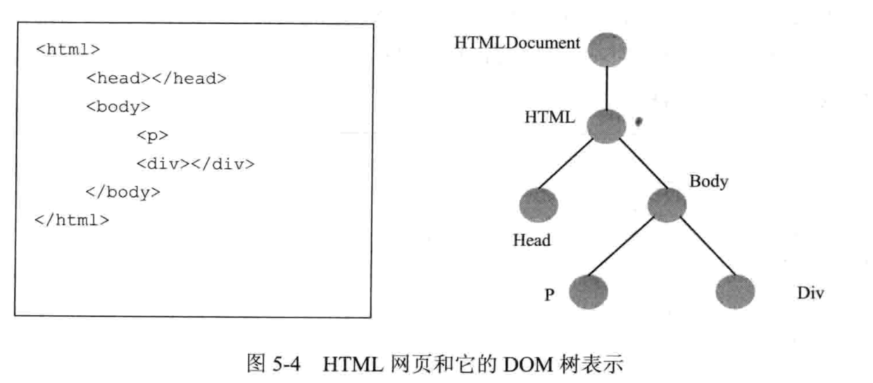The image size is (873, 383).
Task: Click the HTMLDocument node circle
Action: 605,49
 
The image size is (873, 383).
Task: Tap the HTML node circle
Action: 605,126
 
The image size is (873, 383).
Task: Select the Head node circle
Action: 539,205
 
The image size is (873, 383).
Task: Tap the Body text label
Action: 708,181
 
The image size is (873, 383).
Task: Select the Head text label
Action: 532,241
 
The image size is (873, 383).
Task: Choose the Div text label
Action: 810,292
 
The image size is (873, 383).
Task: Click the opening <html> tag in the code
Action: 68,50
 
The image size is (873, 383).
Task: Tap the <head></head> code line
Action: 156,78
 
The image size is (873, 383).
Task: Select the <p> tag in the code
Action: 153,136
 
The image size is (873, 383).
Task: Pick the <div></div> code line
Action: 195,164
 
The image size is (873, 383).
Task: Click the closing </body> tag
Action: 123,191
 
